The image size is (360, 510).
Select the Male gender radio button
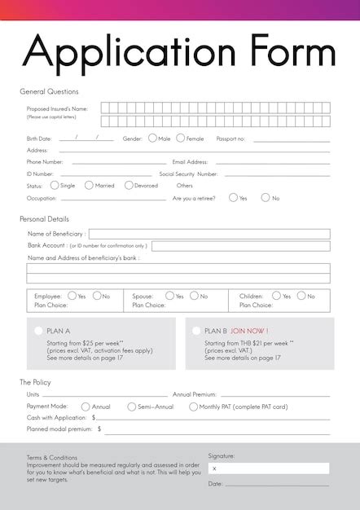pyautogui.click(x=152, y=138)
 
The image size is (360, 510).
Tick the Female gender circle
pyautogui.click(x=181, y=138)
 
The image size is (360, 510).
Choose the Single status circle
pyautogui.click(x=55, y=186)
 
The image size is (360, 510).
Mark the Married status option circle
pyautogui.click(x=89, y=186)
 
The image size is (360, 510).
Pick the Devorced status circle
pyautogui.click(x=129, y=186)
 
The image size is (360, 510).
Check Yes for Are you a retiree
pyautogui.click(x=233, y=198)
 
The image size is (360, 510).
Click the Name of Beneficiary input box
pyautogui.click(x=209, y=234)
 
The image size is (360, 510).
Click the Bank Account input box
pyautogui.click(x=240, y=246)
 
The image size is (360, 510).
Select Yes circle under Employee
pyautogui.click(x=72, y=296)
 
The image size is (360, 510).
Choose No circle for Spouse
pyautogui.click(x=194, y=296)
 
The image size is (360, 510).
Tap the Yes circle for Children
pyautogui.click(x=277, y=296)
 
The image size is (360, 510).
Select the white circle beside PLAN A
pyautogui.click(x=38, y=331)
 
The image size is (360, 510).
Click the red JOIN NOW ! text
pyautogui.click(x=249, y=331)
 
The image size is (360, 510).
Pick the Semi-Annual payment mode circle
pyautogui.click(x=131, y=407)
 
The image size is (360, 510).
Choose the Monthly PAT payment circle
pyautogui.click(x=193, y=407)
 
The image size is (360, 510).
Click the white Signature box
pyautogui.click(x=269, y=468)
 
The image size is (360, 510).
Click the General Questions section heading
pyautogui.click(x=49, y=91)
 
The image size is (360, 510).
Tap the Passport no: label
pyautogui.click(x=230, y=138)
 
